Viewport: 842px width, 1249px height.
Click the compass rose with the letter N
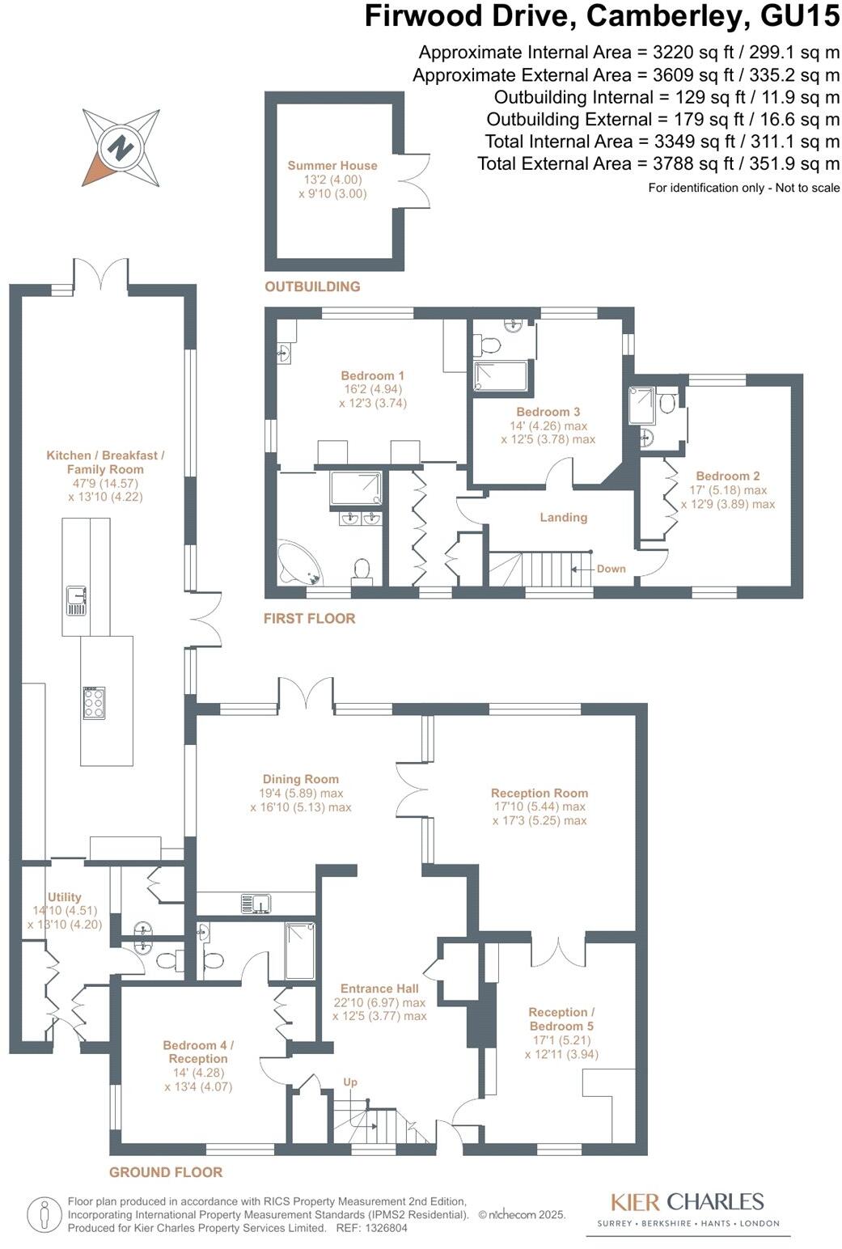click(121, 148)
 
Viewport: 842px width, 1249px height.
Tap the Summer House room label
click(332, 166)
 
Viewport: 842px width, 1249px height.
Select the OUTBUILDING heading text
click(312, 286)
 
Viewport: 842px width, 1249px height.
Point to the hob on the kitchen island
click(93, 701)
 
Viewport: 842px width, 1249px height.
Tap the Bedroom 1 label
click(372, 375)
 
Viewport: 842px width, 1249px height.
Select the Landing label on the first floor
click(564, 518)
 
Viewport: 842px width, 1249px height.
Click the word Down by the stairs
click(611, 569)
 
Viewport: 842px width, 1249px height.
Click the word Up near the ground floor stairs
click(350, 1082)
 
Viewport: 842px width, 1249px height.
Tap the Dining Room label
click(300, 779)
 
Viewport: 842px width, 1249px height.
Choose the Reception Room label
click(539, 793)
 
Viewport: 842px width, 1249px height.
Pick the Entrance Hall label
click(379, 989)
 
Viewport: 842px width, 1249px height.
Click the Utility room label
click(65, 896)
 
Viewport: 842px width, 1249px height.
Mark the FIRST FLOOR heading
click(309, 619)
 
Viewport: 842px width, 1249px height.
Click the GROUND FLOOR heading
click(166, 1172)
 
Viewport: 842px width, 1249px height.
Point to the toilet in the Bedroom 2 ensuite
click(667, 402)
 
